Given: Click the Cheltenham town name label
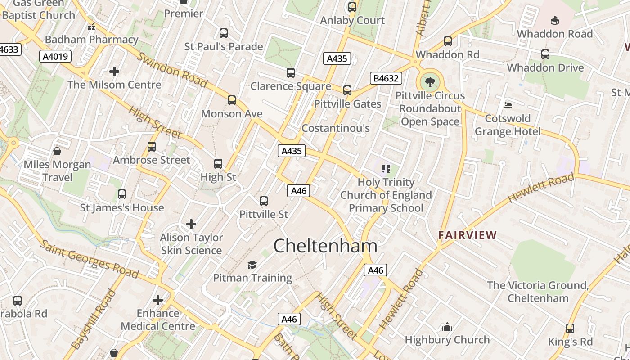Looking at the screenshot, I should click(325, 246).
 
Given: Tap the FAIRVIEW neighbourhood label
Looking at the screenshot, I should click(468, 235).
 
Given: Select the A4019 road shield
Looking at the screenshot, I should click(55, 56).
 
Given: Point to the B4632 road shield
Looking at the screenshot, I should click(386, 78).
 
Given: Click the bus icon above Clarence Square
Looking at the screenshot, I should click(291, 73).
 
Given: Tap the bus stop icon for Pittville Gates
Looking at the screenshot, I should click(347, 90).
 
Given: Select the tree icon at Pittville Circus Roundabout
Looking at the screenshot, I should click(430, 82).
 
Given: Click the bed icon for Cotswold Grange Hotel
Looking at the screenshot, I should click(508, 105).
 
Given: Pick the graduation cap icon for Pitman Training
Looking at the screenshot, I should click(252, 265).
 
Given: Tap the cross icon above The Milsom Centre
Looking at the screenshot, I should click(114, 71).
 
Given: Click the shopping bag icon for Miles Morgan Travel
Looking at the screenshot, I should click(57, 151).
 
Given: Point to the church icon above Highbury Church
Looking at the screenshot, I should click(447, 326).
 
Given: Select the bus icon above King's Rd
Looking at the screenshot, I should click(570, 328).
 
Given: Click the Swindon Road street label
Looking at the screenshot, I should click(173, 70).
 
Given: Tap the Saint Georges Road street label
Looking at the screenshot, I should click(89, 259).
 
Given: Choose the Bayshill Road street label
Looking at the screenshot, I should click(94, 319).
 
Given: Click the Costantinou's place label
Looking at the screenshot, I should click(336, 128).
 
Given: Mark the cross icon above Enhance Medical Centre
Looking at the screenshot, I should click(158, 300).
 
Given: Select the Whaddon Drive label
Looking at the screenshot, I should click(545, 68).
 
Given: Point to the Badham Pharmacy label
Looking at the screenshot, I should click(91, 40).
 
